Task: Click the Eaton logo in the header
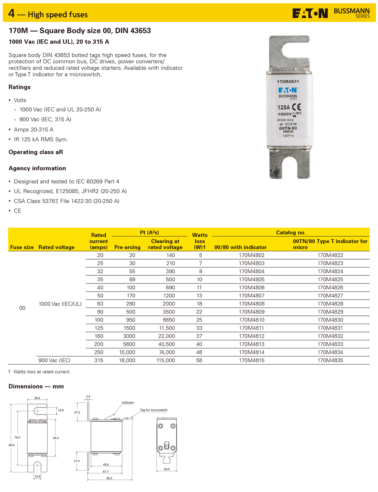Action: [310, 14]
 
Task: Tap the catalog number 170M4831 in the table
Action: [330, 328]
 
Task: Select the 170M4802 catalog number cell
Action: [252, 255]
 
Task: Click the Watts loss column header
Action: [200, 241]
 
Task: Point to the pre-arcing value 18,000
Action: [127, 360]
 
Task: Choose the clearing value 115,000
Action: [165, 360]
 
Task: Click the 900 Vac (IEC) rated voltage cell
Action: [54, 360]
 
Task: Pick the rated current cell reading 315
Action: [99, 360]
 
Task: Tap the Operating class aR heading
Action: [36, 152]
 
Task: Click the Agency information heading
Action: [37, 168]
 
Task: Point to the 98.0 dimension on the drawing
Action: [11, 445]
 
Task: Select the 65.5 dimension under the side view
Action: [109, 478]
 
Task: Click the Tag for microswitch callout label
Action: [154, 410]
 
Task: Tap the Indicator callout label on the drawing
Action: [128, 402]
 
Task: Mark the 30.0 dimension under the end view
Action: [167, 469]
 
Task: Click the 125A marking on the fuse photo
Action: [283, 107]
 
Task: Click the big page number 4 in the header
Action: [11, 13]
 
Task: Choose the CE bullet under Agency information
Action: [17, 211]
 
